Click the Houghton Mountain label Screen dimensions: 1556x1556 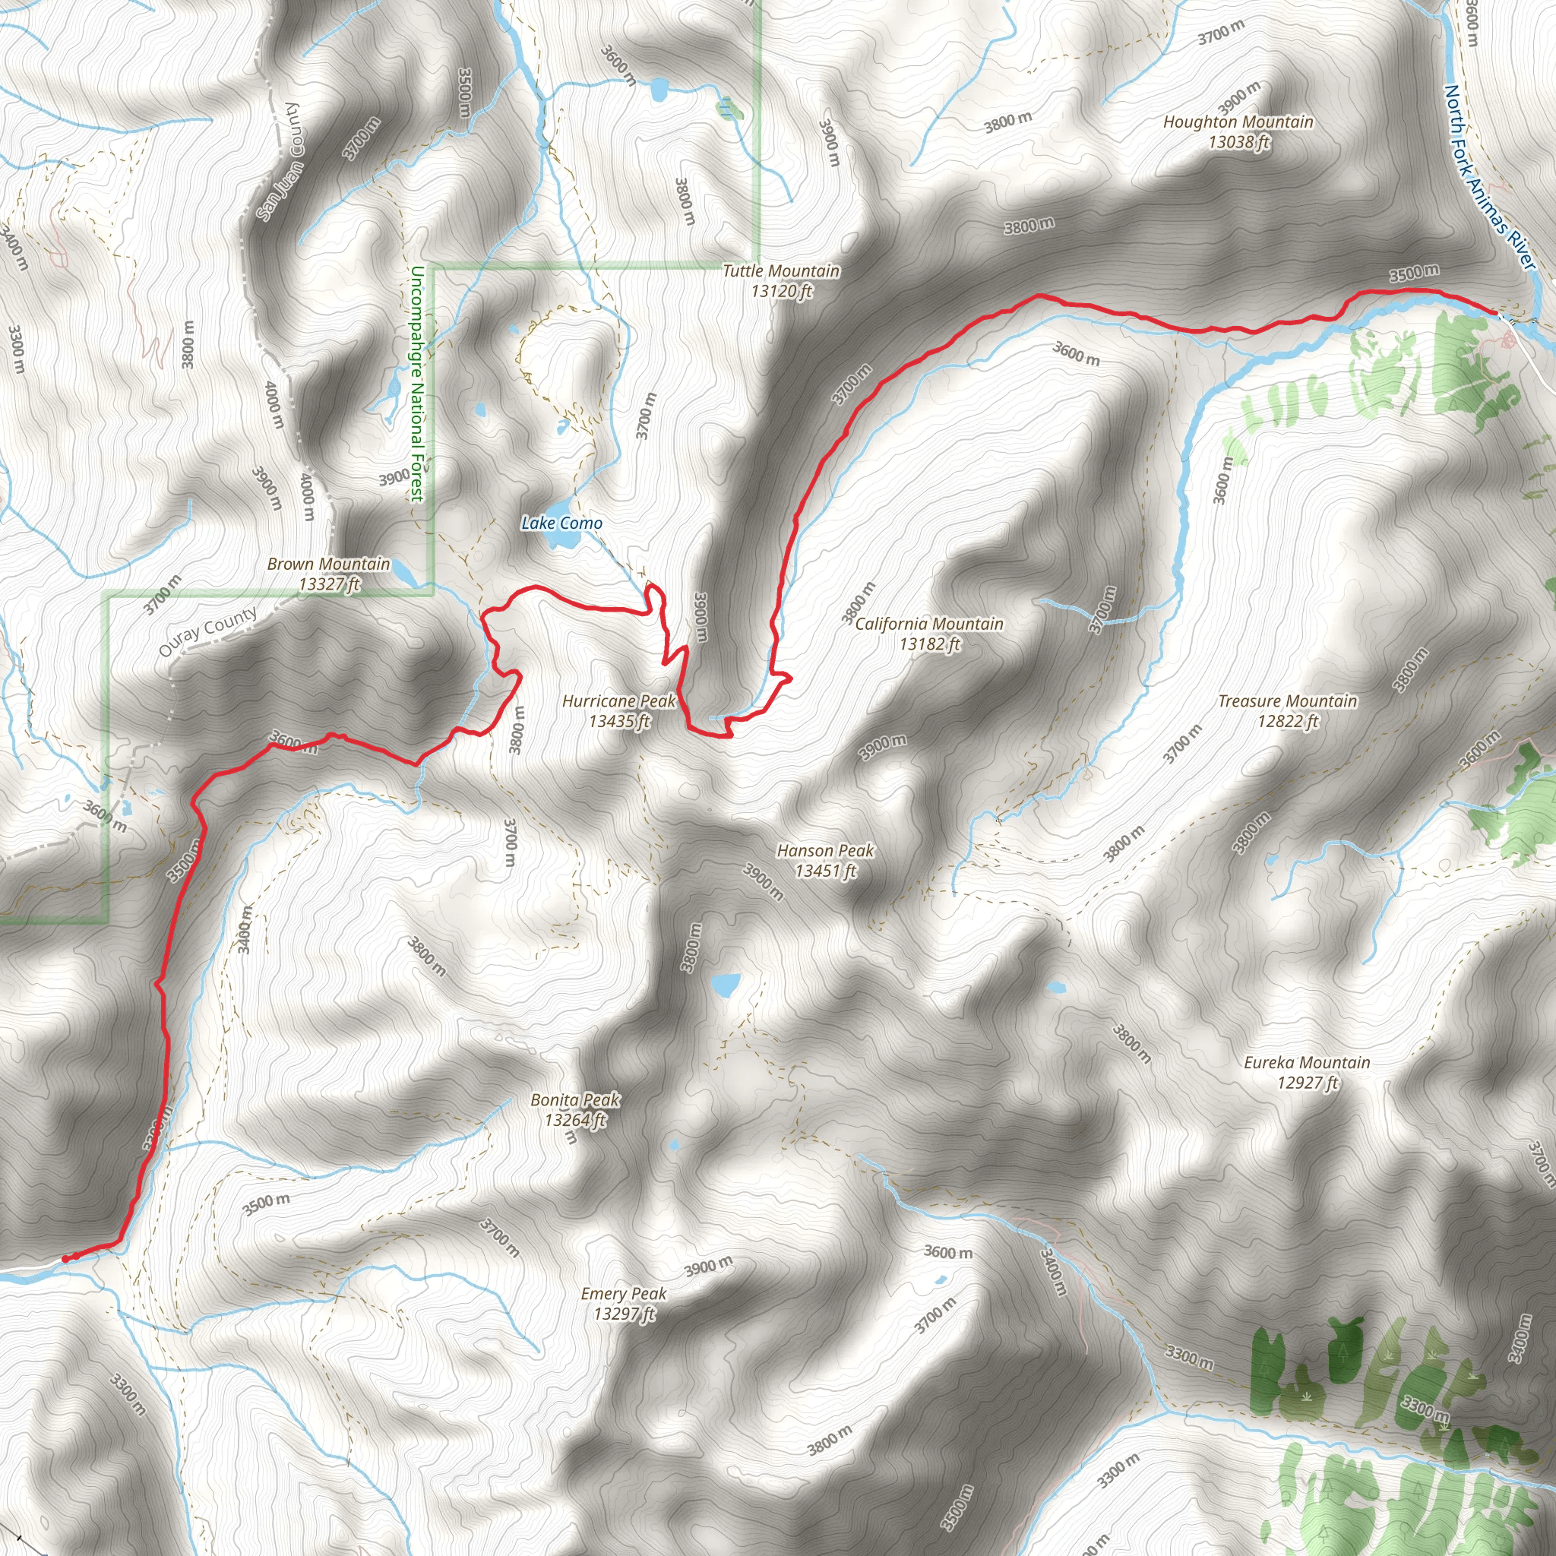tap(1238, 132)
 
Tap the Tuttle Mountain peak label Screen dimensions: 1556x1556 tap(780, 281)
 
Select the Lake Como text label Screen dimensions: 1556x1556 tap(561, 523)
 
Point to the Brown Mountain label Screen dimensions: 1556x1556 tap(328, 574)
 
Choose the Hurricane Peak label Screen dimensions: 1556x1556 tap(618, 711)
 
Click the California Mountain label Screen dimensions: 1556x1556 tap(929, 634)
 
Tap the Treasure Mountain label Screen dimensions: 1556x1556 tap(1287, 711)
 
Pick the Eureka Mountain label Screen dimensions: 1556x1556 tap(1306, 1073)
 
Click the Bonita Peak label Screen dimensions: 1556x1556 tap(575, 1110)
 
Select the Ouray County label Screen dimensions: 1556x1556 tap(207, 631)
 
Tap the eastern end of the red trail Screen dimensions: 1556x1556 tap(1494, 312)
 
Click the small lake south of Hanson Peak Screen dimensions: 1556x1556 tap(725, 984)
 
